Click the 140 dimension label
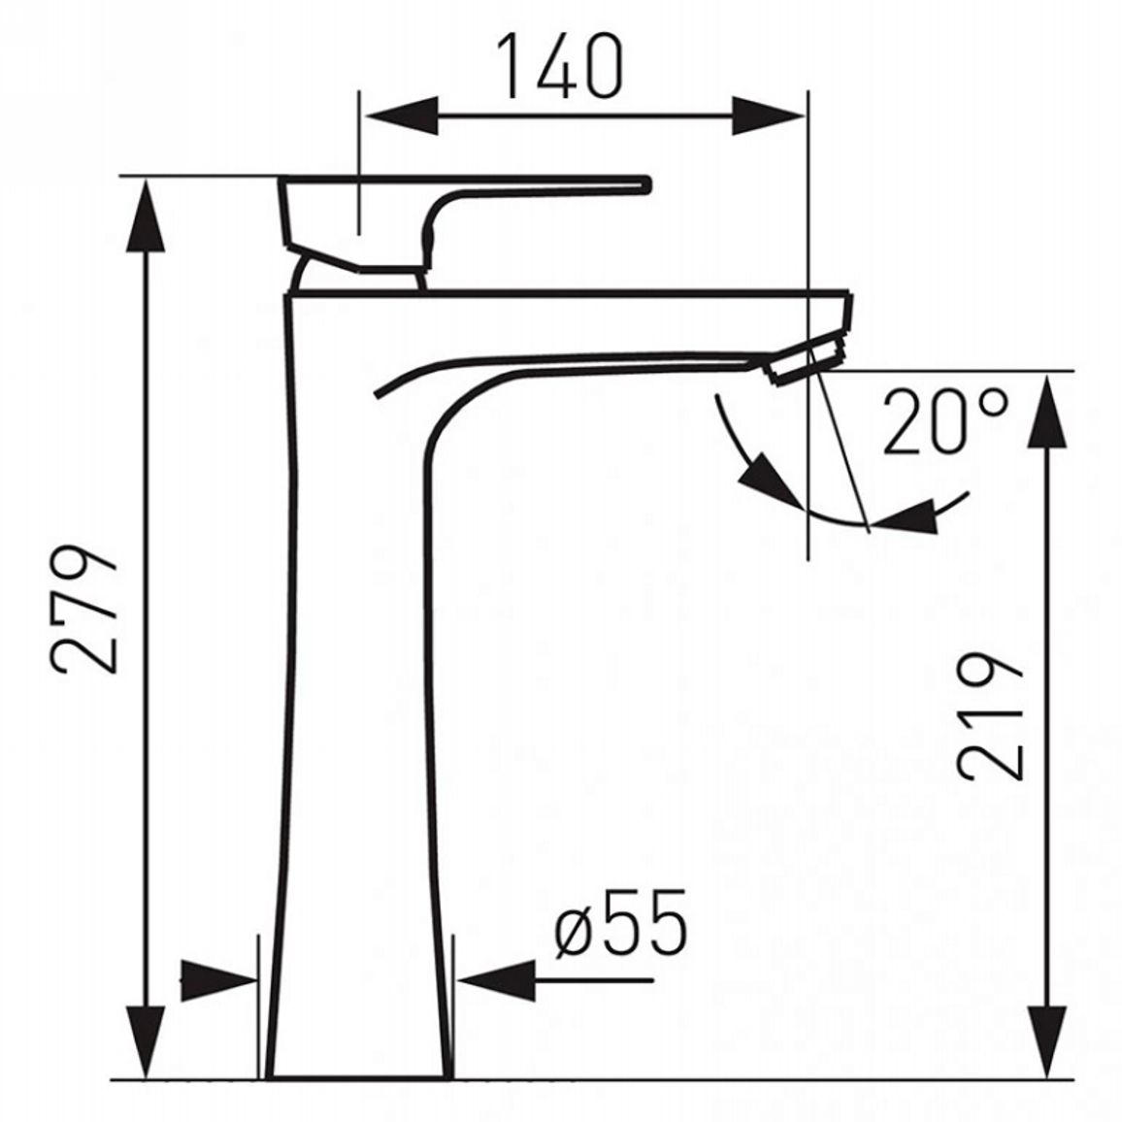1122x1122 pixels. pyautogui.click(x=561, y=67)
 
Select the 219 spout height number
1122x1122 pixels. pyautogui.click(x=991, y=715)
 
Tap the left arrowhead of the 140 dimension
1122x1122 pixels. pyautogui.click(x=402, y=115)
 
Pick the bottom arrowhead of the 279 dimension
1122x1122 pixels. pyautogui.click(x=146, y=1041)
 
